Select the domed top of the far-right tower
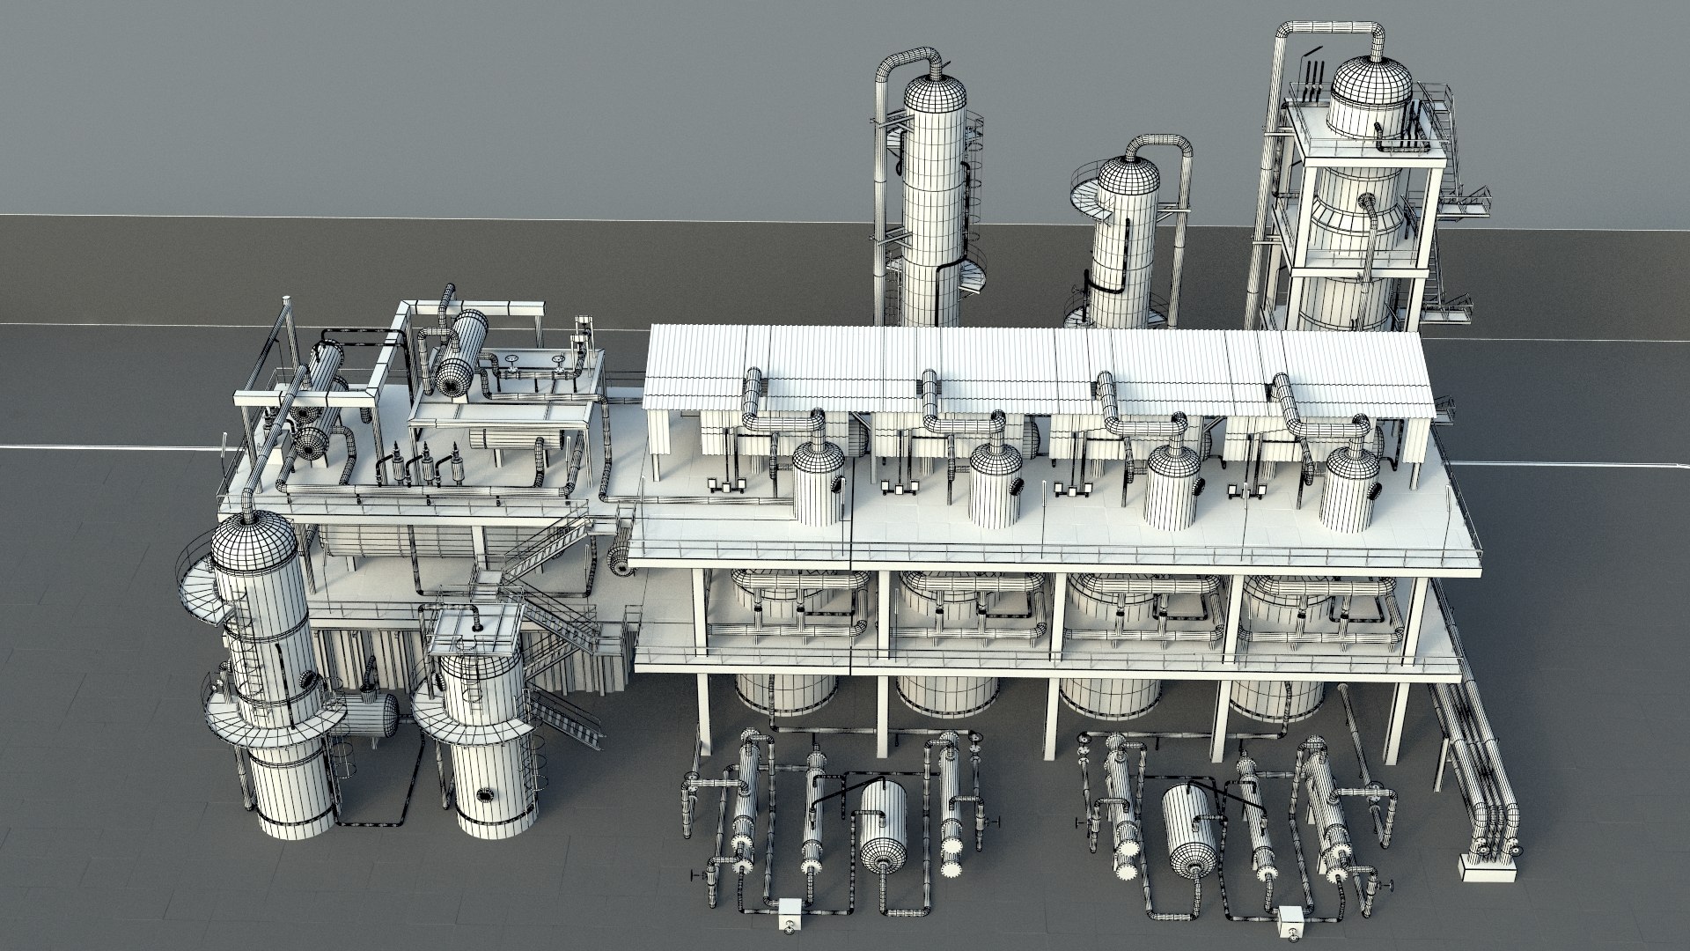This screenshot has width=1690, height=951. tap(1370, 85)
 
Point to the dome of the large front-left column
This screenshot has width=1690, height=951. tap(252, 539)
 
